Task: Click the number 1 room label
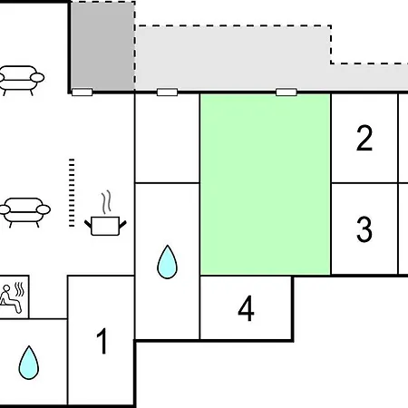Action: (102, 341)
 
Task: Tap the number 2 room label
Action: (364, 138)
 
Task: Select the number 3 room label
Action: (364, 229)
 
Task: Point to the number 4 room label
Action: (246, 308)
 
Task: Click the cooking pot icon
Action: (105, 226)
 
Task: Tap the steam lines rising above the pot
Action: (106, 202)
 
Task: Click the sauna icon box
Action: (15, 296)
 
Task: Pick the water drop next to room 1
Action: (29, 363)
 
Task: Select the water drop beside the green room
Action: (167, 262)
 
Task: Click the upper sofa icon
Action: (21, 79)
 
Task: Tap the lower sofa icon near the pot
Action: (24, 211)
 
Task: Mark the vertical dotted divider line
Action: (72, 192)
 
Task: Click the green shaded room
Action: (265, 184)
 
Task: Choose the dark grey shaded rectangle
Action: (102, 46)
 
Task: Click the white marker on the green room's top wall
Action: (287, 92)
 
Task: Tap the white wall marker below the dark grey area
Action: (82, 92)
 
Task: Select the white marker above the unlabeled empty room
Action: (167, 92)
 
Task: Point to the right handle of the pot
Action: (122, 225)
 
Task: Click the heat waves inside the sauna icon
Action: (20, 289)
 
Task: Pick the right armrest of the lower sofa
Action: (44, 209)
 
